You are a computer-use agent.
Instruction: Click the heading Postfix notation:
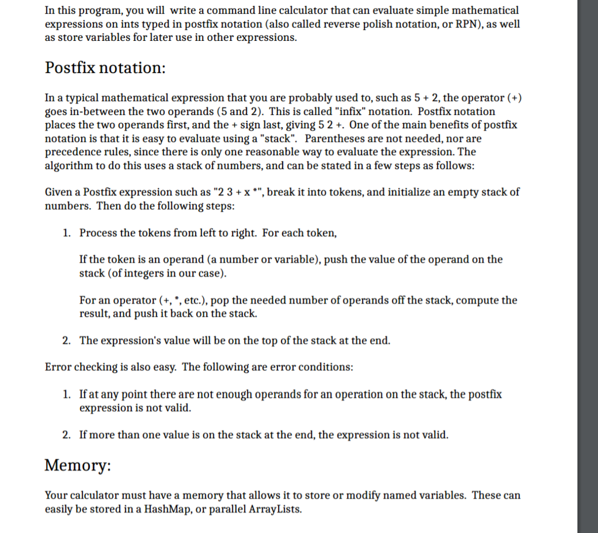pos(106,68)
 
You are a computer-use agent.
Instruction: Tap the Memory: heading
pos(77,465)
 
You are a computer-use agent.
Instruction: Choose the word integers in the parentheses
pos(142,273)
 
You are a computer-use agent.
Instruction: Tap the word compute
pos(479,300)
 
